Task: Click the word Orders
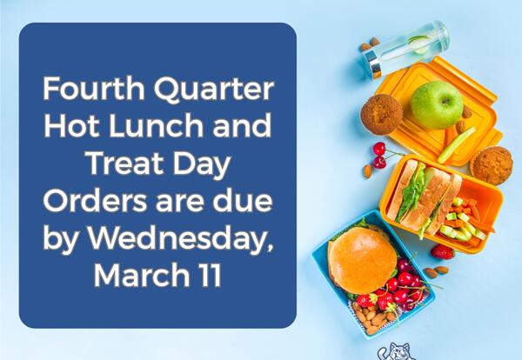coord(93,200)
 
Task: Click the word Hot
coord(77,128)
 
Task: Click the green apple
coord(436,105)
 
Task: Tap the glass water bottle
coord(409,47)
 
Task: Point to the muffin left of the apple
coord(381,114)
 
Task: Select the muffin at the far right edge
coord(492,164)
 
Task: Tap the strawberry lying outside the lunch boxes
coord(443,251)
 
